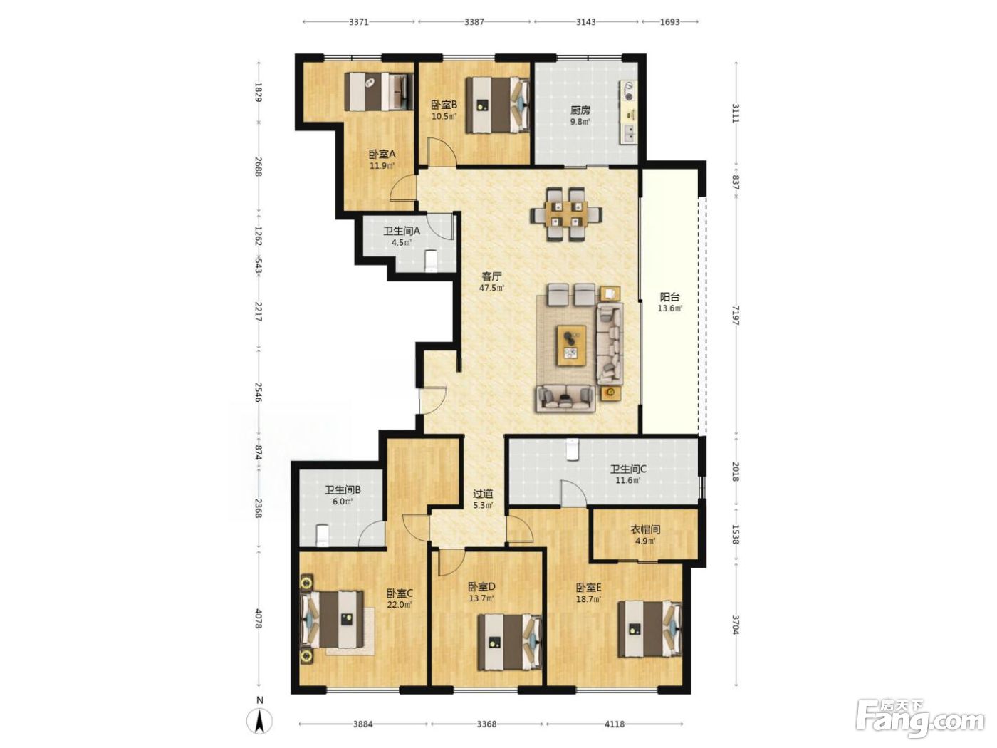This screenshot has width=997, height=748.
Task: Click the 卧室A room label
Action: point(382,155)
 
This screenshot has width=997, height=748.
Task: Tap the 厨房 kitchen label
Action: point(580,110)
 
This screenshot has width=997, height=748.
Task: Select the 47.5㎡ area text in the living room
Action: point(491,288)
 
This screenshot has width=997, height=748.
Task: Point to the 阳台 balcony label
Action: point(669,298)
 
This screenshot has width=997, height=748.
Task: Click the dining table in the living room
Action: point(566,214)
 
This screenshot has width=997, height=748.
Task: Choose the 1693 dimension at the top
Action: point(670,22)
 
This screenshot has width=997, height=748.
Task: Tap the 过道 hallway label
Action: point(483,494)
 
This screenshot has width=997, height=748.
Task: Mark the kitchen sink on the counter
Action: point(629,133)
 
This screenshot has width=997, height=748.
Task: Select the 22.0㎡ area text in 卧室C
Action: point(400,605)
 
